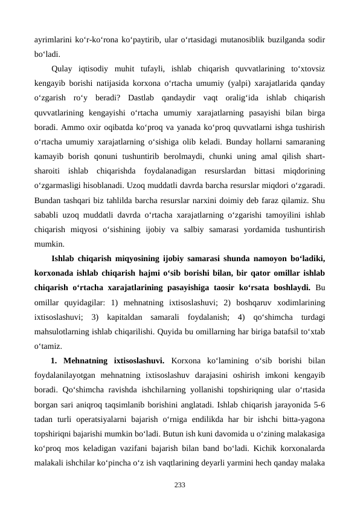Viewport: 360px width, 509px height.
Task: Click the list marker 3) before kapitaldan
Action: pyautogui.click(x=94, y=317)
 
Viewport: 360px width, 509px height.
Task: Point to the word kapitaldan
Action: pyautogui.click(x=124, y=317)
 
